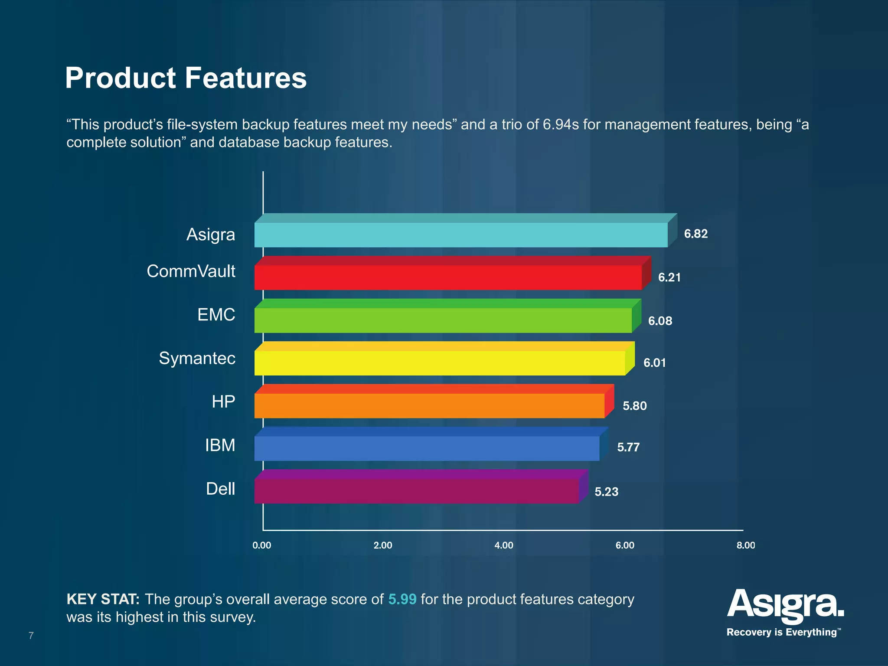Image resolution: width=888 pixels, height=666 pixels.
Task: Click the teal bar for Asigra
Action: [460, 235]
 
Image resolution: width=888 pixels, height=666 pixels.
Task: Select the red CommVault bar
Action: [447, 277]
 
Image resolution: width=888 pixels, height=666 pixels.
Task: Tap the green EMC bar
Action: [443, 320]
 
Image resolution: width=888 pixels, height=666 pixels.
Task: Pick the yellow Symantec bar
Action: [439, 363]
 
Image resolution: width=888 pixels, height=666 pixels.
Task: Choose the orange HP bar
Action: [429, 406]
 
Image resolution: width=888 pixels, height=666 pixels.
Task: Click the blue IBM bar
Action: [427, 448]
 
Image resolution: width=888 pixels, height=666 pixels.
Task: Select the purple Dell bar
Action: [416, 491]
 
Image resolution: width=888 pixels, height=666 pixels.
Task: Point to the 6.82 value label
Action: [695, 234]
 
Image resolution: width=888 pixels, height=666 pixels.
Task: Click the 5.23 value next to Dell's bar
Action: [606, 492]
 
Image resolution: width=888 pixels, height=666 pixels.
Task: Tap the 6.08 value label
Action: [660, 321]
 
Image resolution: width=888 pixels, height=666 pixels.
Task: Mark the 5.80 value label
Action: [634, 406]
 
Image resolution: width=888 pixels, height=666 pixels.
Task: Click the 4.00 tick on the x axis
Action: [504, 545]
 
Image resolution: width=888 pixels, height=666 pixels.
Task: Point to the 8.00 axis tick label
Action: [745, 545]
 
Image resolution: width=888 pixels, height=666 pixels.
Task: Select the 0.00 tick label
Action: [262, 545]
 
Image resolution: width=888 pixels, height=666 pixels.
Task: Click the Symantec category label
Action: [197, 359]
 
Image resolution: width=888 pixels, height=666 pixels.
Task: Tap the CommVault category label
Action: [191, 271]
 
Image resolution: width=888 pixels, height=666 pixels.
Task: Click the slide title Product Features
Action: [186, 78]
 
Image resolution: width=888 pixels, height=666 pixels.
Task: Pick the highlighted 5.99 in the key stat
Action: [402, 599]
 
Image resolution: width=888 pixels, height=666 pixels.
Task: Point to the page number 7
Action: [31, 636]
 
